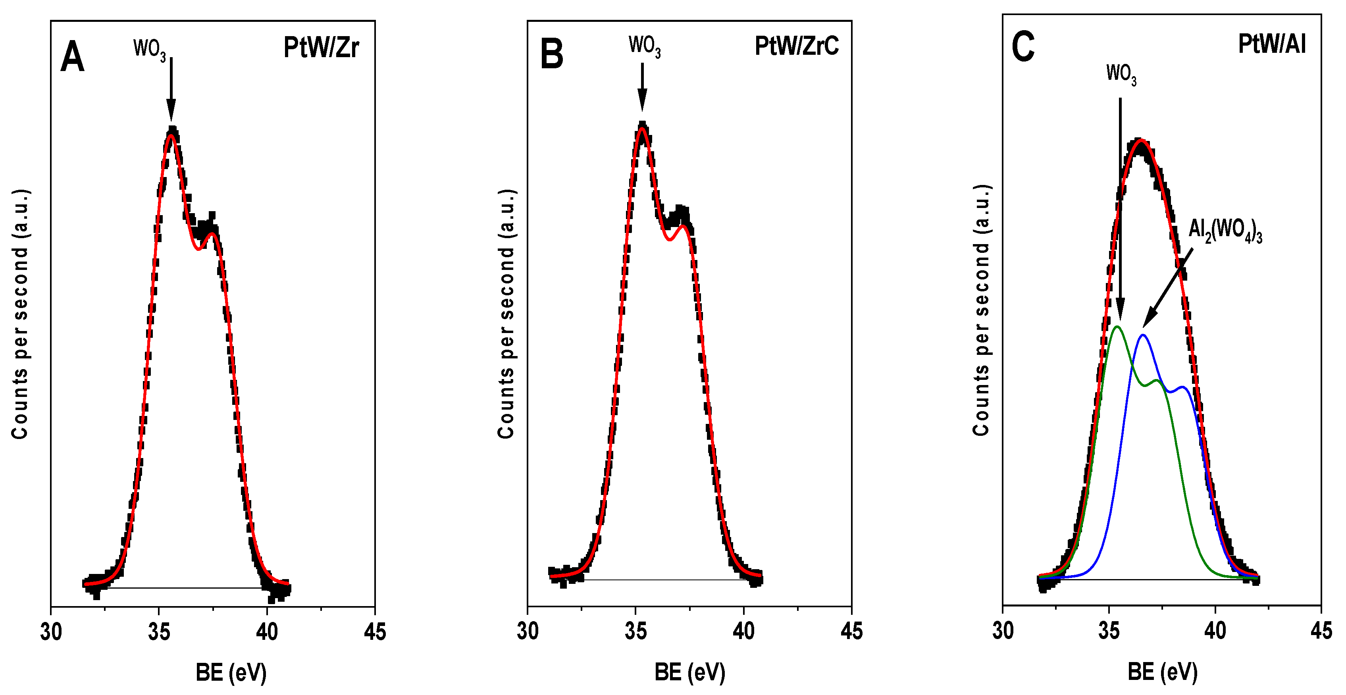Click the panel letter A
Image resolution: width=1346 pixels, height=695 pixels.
[x=72, y=57]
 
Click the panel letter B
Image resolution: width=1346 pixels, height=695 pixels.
[x=551, y=54]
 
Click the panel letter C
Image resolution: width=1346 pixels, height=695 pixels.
[x=1022, y=47]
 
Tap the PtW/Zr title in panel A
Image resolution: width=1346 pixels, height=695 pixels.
[x=321, y=48]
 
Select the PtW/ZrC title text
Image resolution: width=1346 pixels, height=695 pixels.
[x=796, y=46]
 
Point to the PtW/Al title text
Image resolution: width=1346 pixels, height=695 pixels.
[x=1271, y=44]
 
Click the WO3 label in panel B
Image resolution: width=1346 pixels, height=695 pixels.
[x=644, y=46]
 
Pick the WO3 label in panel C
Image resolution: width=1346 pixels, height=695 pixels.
[x=1121, y=74]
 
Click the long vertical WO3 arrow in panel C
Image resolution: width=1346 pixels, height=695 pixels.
[x=1120, y=209]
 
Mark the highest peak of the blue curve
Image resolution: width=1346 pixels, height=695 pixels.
[x=1143, y=335]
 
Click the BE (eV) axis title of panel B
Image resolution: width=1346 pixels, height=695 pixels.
[x=690, y=672]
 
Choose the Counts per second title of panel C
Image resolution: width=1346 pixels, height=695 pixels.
[x=981, y=310]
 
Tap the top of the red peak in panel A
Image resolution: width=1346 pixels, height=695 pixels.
[x=171, y=135]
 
